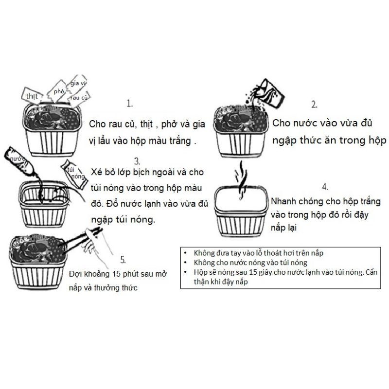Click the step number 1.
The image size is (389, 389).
pyautogui.click(x=129, y=104)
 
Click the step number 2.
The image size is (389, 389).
pyautogui.click(x=315, y=104)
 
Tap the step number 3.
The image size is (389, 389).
pyautogui.click(x=137, y=160)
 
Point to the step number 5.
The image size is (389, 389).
pyautogui.click(x=123, y=259)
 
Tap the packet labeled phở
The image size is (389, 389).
pyautogui.click(x=58, y=91)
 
